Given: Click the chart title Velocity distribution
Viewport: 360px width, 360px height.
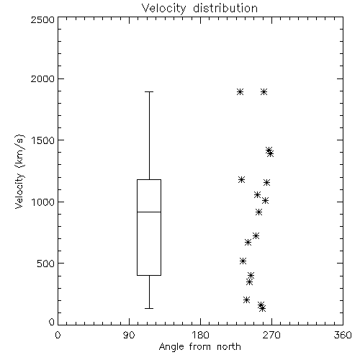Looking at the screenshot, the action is [199, 8].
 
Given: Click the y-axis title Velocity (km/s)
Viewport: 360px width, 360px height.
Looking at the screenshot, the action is [19, 171].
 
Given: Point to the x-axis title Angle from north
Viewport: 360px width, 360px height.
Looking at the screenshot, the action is [199, 346].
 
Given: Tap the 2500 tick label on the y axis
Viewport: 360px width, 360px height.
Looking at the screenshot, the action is [42, 19].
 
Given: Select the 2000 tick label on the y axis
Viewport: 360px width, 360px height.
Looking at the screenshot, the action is [42, 78].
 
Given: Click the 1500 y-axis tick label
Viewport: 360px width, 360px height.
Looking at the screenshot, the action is [43, 140].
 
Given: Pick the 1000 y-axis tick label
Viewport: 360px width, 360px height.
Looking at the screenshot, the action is [43, 202].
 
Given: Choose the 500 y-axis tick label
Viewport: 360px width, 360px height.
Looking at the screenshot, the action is [46, 264].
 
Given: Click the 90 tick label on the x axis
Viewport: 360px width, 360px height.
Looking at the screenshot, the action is [129, 335].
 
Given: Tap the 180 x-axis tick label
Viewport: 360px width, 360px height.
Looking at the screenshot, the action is [200, 335].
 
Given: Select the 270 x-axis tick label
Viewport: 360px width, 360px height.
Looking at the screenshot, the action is [271, 335].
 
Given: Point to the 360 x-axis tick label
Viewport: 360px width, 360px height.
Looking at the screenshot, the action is [343, 335].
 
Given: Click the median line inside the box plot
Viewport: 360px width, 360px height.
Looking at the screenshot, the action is [149, 212].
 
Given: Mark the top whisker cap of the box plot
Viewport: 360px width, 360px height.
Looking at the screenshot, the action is [149, 91].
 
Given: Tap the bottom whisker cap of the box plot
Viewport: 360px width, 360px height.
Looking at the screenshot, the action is [149, 308].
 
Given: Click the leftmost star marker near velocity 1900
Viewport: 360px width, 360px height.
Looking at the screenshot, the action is [240, 91].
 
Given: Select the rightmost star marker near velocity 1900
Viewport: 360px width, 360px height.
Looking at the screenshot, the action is [264, 91].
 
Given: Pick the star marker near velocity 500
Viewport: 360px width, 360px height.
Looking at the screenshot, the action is [243, 261].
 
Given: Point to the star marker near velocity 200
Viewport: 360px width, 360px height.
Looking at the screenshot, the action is [246, 300].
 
